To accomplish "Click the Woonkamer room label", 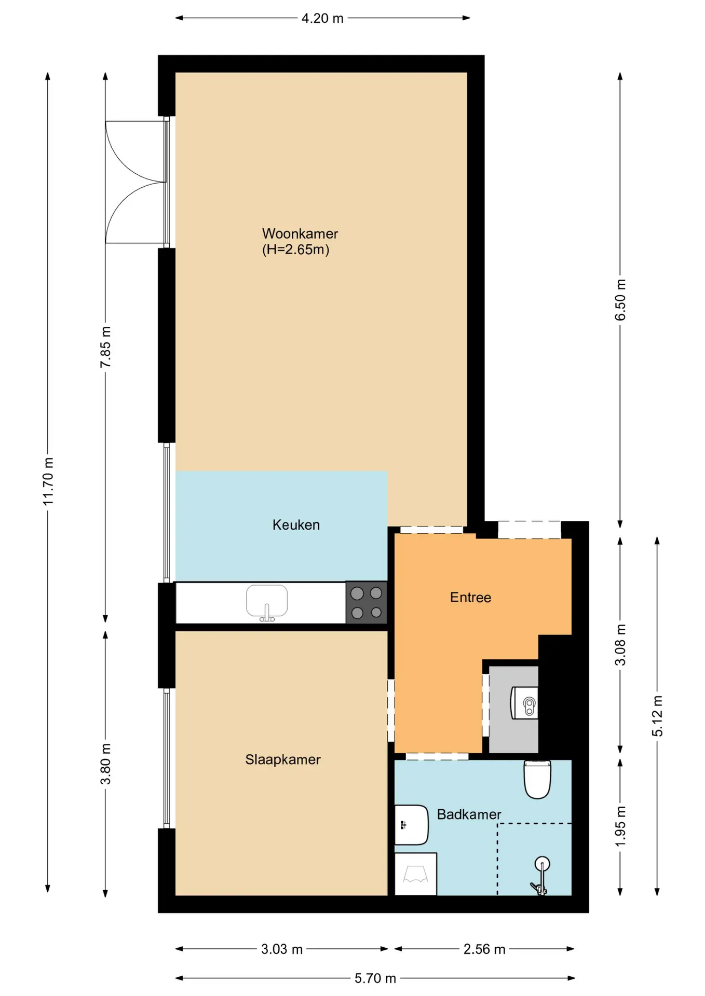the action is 300,234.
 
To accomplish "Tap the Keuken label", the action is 296,525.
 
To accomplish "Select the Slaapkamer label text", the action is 283,759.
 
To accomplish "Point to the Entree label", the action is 470,598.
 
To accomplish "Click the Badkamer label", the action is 469,814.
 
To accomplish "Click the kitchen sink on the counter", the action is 267,603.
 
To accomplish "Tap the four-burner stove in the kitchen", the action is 367,602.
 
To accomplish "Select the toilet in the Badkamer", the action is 537,779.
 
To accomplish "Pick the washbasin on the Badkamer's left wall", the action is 411,824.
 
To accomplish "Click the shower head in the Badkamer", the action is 542,864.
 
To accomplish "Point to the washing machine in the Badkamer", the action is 415,874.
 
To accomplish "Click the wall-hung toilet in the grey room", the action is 525,703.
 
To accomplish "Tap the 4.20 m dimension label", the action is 322,18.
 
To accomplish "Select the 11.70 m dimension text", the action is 48,481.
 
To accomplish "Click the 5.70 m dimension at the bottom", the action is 375,978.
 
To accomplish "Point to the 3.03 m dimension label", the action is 281,949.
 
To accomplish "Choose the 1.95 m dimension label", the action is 620,826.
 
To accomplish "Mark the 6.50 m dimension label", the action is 620,300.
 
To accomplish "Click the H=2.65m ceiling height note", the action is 295,250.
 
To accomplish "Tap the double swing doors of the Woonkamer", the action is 136,182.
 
